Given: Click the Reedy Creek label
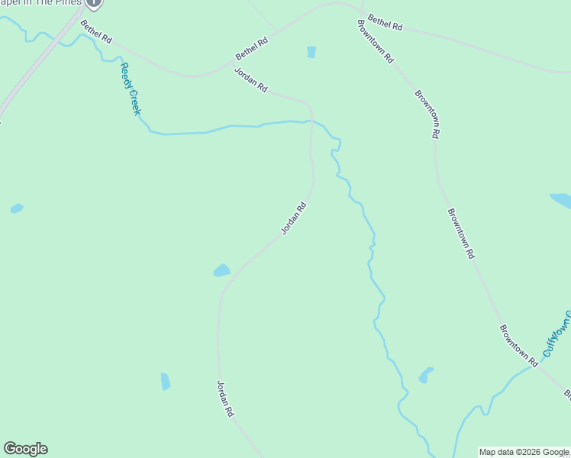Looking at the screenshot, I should click(131, 89).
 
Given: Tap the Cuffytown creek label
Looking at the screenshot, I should click(558, 334).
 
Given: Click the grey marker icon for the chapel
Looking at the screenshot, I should click(93, 2).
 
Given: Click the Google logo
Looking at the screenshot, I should click(25, 449).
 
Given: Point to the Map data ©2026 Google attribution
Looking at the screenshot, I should click(524, 452).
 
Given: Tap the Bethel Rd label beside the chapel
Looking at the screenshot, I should click(96, 31).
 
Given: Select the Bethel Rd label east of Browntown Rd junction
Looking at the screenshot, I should click(385, 22).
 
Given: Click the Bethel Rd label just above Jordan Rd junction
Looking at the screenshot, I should click(252, 49).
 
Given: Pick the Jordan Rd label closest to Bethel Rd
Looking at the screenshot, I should click(251, 80).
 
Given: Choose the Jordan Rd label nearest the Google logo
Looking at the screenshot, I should click(225, 398).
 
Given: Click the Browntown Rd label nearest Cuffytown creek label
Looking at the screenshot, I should click(519, 340).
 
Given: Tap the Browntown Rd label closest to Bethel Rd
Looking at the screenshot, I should click(375, 40).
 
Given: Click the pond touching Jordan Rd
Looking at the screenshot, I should click(221, 270).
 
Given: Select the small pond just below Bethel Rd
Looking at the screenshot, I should click(311, 52).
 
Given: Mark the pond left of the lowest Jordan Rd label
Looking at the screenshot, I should click(166, 381).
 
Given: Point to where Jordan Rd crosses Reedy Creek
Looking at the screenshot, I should click(310, 121).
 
